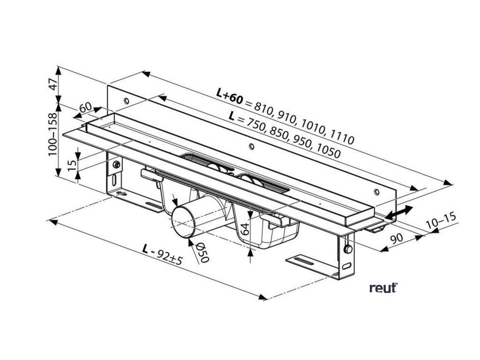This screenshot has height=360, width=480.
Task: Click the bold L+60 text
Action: (x=230, y=97)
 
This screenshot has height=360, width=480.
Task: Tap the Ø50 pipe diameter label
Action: (x=202, y=253)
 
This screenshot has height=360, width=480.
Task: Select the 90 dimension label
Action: (x=397, y=238)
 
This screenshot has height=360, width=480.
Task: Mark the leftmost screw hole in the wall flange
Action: (x=126, y=101)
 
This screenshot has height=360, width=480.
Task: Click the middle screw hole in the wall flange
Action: (x=252, y=147)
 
